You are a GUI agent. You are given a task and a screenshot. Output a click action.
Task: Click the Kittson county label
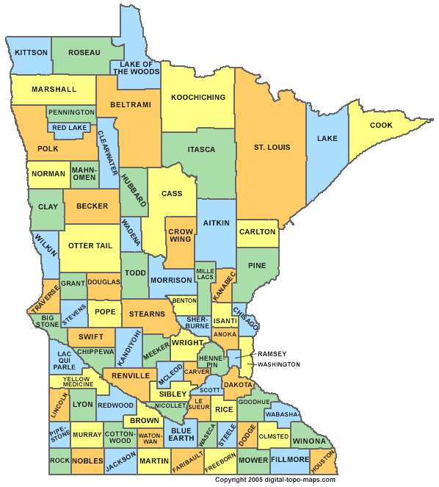click(31, 53)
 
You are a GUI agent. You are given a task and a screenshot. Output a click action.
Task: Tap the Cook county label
click(381, 126)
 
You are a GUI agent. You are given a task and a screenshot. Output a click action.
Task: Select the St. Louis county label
click(272, 148)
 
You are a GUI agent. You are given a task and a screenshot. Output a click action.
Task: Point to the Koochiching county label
click(197, 98)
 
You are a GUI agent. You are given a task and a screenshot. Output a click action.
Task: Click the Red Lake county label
click(70, 128)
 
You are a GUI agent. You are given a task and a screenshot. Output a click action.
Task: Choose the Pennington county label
click(72, 112)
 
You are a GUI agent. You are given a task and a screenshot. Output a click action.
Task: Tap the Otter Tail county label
click(90, 246)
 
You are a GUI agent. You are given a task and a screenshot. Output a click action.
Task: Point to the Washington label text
click(278, 364)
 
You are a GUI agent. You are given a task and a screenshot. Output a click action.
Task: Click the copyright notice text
click(275, 480)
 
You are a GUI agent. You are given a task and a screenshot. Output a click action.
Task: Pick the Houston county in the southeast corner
click(322, 461)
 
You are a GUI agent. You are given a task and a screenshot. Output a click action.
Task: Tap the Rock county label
click(60, 461)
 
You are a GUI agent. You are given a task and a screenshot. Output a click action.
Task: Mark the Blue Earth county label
click(181, 435)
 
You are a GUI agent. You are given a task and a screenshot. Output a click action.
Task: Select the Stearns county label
click(147, 314)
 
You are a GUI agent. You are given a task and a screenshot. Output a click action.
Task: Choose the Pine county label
click(257, 266)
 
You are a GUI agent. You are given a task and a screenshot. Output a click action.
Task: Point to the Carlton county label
click(257, 232)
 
